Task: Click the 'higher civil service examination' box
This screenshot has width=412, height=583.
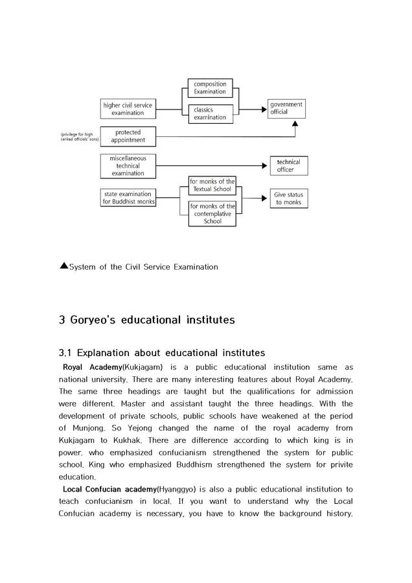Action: point(128,108)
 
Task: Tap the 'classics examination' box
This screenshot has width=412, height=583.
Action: point(210,113)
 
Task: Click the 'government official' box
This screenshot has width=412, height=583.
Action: point(286,108)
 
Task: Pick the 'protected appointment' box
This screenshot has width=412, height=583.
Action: point(128,136)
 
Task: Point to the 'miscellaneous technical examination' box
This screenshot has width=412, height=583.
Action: point(128,166)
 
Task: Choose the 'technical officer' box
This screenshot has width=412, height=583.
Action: point(289,166)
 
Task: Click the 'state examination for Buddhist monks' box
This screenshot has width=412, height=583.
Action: point(127,198)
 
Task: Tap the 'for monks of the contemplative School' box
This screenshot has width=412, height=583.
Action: point(212,213)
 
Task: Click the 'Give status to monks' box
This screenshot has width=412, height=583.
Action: point(288,198)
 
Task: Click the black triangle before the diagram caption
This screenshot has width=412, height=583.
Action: point(63,265)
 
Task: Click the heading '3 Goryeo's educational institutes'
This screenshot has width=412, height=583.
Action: point(146,320)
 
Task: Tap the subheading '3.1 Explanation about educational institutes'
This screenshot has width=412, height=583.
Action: point(161,353)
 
